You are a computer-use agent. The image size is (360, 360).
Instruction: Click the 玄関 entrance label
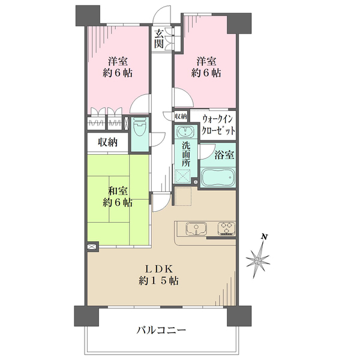(x=159, y=38)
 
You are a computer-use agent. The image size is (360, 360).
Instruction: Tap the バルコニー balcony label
(x=161, y=330)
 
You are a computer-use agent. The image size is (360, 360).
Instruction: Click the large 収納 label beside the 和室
(x=107, y=142)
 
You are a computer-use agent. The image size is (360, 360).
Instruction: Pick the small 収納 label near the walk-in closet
(x=181, y=115)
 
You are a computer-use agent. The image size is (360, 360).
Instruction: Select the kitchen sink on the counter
(x=196, y=229)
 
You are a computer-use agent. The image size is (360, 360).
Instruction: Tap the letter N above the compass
(x=264, y=238)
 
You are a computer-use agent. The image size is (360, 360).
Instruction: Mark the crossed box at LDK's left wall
(x=92, y=247)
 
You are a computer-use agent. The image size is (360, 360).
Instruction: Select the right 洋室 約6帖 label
(x=207, y=67)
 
